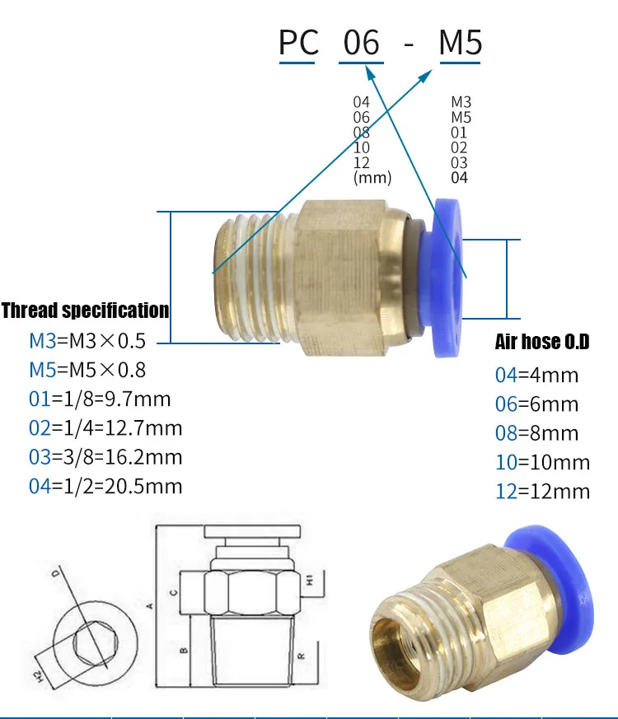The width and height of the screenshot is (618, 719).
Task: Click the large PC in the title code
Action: pyautogui.click(x=298, y=43)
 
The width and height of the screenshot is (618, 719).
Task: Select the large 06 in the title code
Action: pyautogui.click(x=362, y=43)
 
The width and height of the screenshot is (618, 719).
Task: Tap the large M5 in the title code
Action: pyautogui.click(x=460, y=43)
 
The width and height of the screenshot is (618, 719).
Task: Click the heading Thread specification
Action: pyautogui.click(x=86, y=310)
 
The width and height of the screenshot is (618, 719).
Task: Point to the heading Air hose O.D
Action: pyautogui.click(x=542, y=342)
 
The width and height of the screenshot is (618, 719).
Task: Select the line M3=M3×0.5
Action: pyautogui.click(x=87, y=341)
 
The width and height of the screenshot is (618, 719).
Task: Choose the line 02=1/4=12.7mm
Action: pyautogui.click(x=105, y=427)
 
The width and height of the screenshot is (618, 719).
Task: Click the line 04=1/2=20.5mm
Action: pyautogui.click(x=105, y=486)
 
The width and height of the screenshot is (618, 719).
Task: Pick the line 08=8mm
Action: pyautogui.click(x=536, y=433)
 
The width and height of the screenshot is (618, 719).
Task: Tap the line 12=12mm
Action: pyautogui.click(x=543, y=491)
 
